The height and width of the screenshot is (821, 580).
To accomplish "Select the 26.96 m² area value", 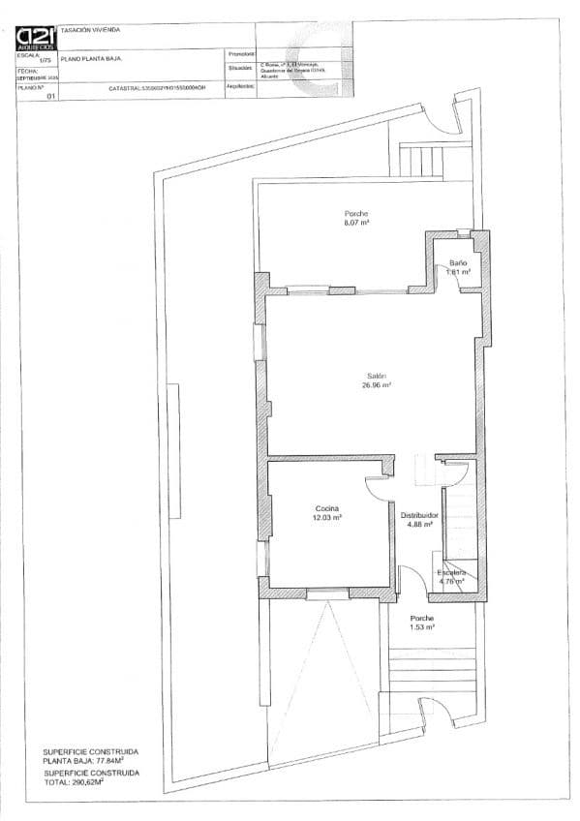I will (x=377, y=385).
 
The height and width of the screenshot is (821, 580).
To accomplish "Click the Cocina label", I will (x=327, y=508).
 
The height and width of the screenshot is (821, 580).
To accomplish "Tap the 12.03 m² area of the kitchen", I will (x=327, y=518).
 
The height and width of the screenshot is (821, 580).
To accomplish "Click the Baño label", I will (x=458, y=263).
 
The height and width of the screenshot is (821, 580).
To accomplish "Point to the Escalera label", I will (x=451, y=572).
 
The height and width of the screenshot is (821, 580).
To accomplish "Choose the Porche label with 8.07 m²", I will (x=357, y=214).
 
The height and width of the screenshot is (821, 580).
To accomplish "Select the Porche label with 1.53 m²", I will (x=421, y=618).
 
